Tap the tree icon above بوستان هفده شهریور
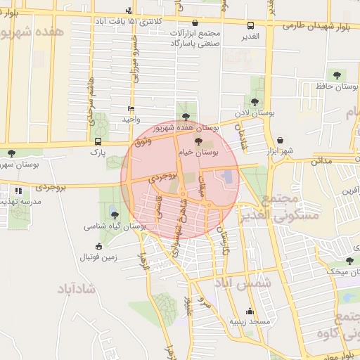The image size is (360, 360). [x=185, y=117]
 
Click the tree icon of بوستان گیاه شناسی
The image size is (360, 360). [x=115, y=215]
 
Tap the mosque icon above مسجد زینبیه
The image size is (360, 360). [x=250, y=311]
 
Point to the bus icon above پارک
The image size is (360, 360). [x=97, y=141]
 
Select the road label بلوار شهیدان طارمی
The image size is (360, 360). [x=318, y=25]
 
